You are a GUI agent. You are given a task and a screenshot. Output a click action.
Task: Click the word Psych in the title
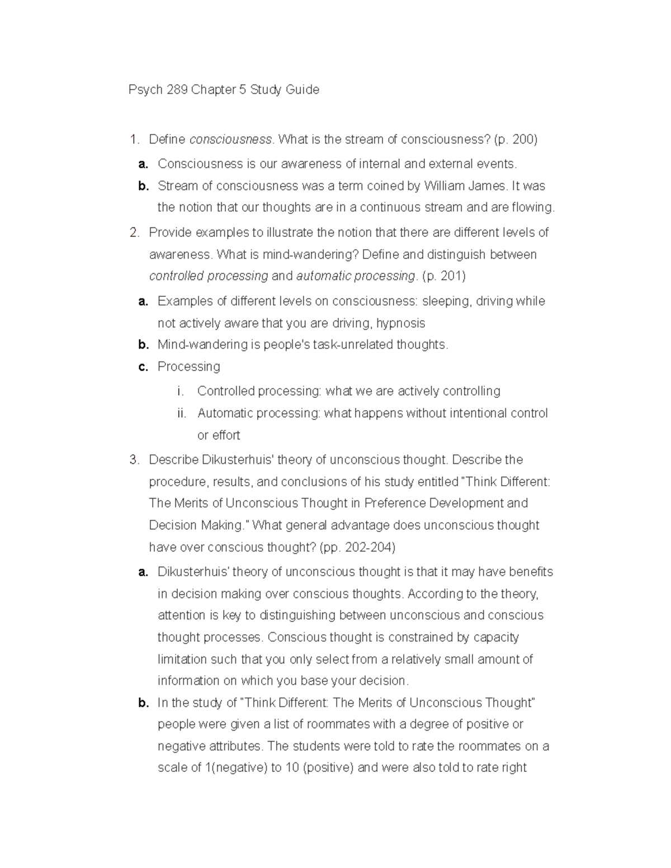[x=145, y=90]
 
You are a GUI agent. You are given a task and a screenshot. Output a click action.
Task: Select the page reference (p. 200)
[x=516, y=140]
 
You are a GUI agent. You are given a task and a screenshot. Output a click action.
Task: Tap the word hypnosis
[x=401, y=323]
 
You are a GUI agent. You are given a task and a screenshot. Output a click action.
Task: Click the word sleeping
[x=447, y=301]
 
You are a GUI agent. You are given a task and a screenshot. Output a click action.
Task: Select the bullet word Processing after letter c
[x=189, y=367]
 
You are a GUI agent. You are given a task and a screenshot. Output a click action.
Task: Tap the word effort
[x=226, y=435]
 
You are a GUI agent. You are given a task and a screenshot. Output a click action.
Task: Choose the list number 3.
[x=134, y=460]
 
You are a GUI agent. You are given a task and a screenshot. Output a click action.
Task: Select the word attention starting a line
[x=182, y=615]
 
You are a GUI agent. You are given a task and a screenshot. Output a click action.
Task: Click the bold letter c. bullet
[x=143, y=367]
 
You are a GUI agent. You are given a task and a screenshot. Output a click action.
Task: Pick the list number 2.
[x=134, y=233]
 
